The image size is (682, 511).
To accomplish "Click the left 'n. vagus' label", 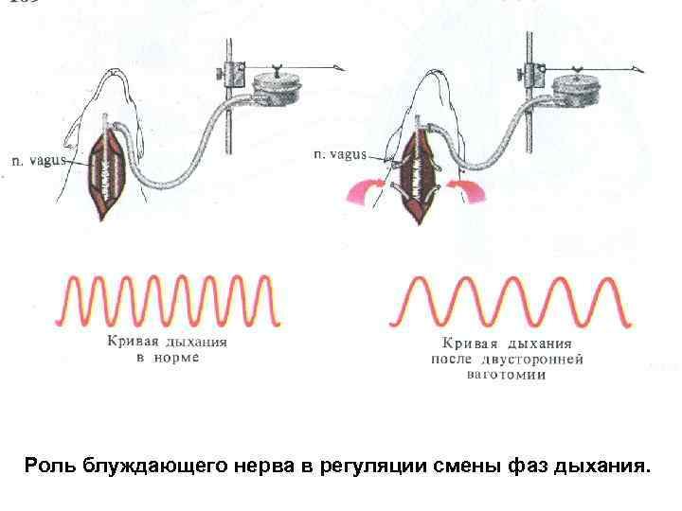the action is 38,161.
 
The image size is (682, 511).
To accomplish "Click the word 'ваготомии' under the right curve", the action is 508,375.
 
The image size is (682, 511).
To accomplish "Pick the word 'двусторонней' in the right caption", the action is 534,360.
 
